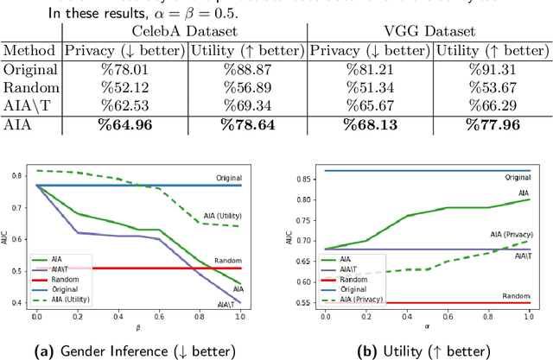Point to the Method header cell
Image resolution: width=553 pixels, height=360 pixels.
(x=29, y=51)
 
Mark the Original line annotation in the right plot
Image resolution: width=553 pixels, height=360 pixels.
(x=517, y=176)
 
